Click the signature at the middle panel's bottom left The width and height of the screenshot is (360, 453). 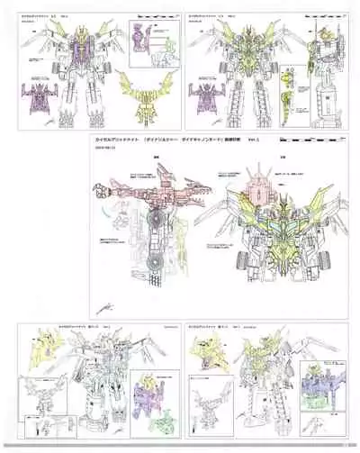109,289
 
